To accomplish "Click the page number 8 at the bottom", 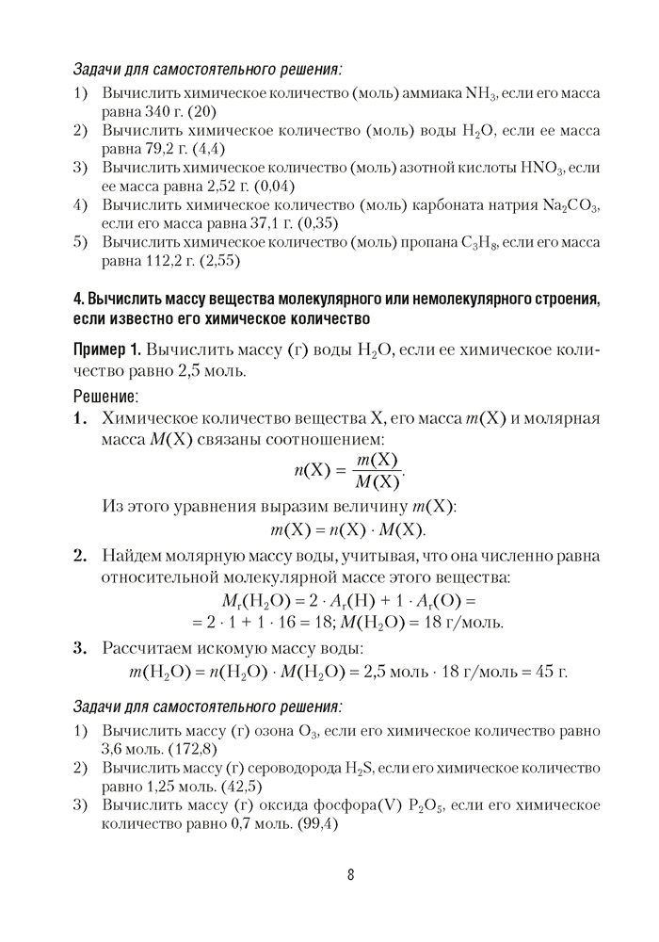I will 350,874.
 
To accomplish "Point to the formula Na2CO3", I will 571,204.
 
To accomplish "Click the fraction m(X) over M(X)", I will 377,470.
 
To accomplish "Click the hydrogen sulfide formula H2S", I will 358,769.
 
